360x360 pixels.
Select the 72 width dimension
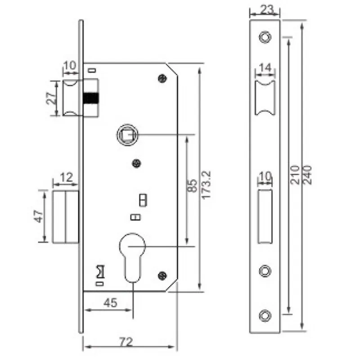(x=126, y=342)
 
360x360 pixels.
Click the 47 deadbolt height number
(x=39, y=216)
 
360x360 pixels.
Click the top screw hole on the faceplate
(x=265, y=36)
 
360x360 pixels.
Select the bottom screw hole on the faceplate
(x=265, y=315)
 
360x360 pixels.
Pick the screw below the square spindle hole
(x=136, y=164)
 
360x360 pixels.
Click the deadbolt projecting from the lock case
(x=66, y=216)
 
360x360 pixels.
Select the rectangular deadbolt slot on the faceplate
(x=265, y=216)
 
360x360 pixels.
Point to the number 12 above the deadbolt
(x=66, y=177)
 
